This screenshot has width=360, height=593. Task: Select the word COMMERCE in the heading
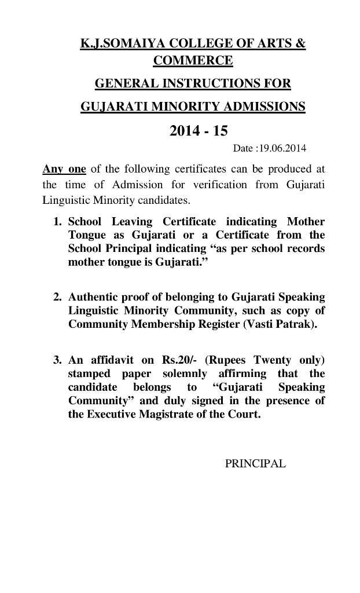pos(193,60)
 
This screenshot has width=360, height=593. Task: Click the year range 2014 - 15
pos(199,131)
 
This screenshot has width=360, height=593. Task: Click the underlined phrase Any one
pos(64,169)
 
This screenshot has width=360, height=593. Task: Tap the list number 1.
pos(57,222)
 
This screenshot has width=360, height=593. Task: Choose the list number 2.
pos(57,297)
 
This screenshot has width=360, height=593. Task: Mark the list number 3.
pos(57,359)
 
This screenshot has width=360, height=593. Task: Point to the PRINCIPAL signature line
pos(255,464)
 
